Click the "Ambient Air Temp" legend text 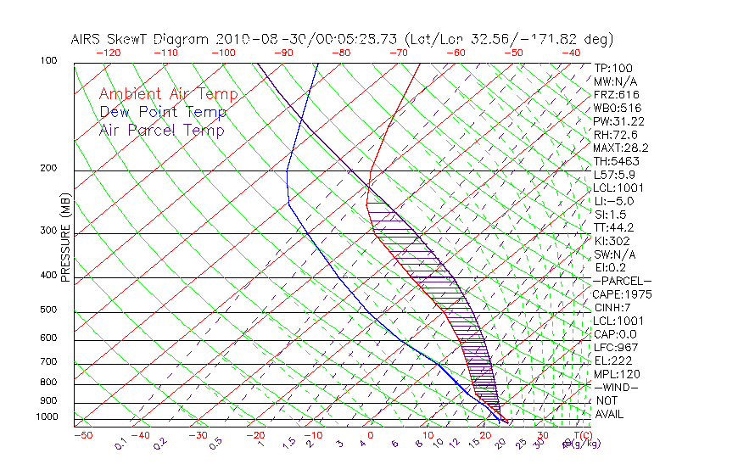pos(168,94)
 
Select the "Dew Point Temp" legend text pos(162,112)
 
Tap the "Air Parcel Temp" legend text pos(161,130)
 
